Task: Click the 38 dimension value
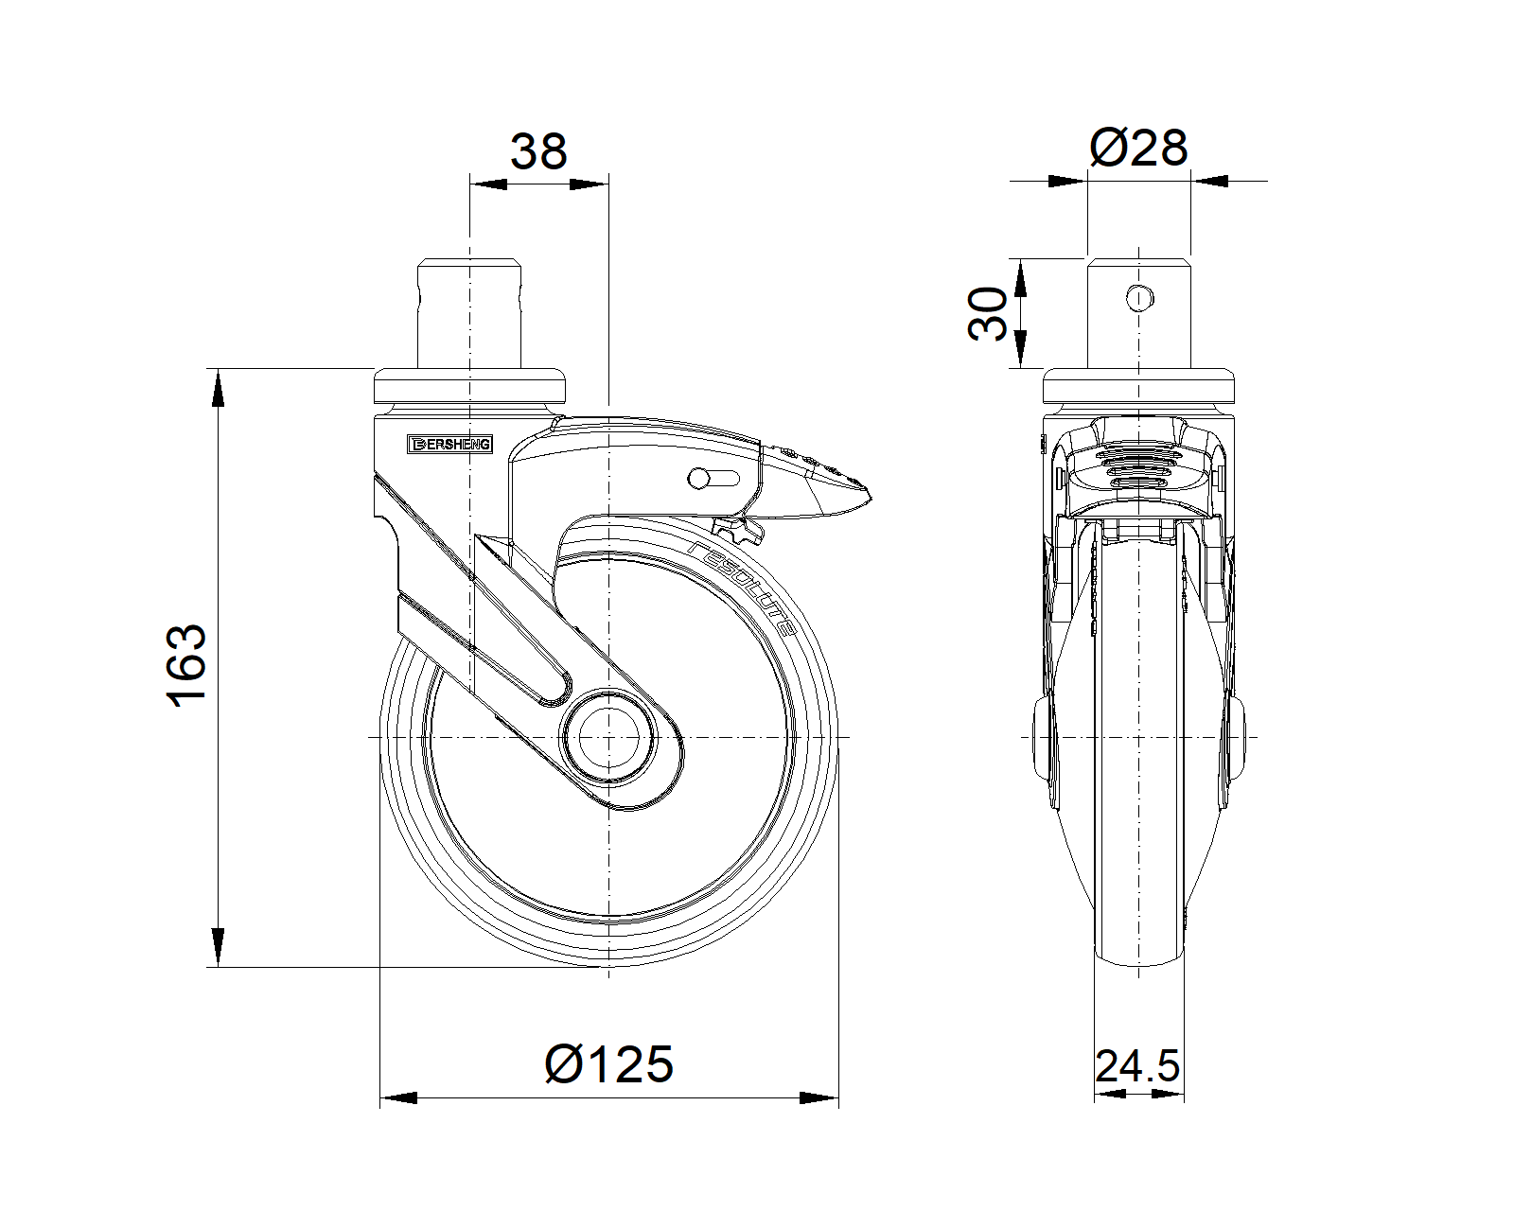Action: (538, 151)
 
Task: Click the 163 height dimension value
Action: (186, 664)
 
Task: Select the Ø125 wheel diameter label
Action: (609, 1063)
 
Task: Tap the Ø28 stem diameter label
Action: (1138, 148)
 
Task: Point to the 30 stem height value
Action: (988, 314)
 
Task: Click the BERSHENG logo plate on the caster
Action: (449, 444)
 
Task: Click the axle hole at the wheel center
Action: (609, 737)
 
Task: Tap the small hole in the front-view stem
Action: (1139, 298)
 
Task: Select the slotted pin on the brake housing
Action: (713, 479)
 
